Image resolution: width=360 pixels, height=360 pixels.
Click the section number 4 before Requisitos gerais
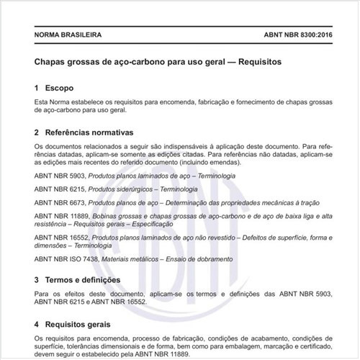click(36, 323)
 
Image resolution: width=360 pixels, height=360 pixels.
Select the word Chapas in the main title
click(52, 62)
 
